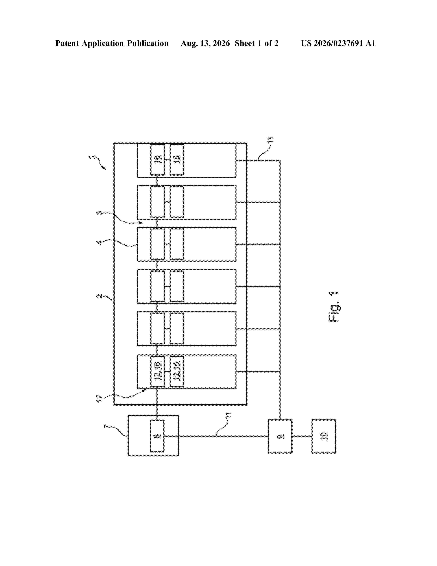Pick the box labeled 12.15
pyautogui.click(x=177, y=371)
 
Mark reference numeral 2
pyautogui.click(x=99, y=296)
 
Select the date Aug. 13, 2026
pyautogui.click(x=205, y=43)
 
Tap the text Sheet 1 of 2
pyautogui.click(x=257, y=43)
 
